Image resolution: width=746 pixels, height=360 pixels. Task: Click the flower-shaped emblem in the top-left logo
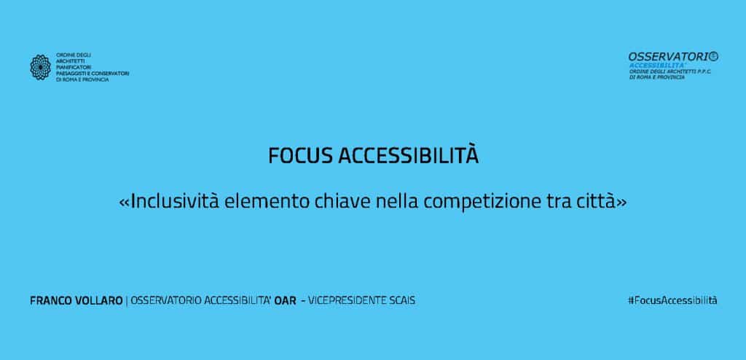coord(41,66)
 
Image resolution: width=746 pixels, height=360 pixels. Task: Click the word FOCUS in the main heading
coord(299,156)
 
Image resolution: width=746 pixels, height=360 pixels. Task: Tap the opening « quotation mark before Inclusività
coord(124,203)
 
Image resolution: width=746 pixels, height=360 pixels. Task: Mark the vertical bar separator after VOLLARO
coord(127,301)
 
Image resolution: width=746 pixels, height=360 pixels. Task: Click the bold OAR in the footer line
coord(285,301)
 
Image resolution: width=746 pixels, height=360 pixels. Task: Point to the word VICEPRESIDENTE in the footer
coord(348,301)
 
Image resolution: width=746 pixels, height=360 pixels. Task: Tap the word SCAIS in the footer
coord(402,301)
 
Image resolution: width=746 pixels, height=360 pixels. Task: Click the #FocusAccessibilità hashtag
coord(672,300)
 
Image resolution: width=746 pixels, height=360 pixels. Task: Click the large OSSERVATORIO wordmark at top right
coord(673,57)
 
